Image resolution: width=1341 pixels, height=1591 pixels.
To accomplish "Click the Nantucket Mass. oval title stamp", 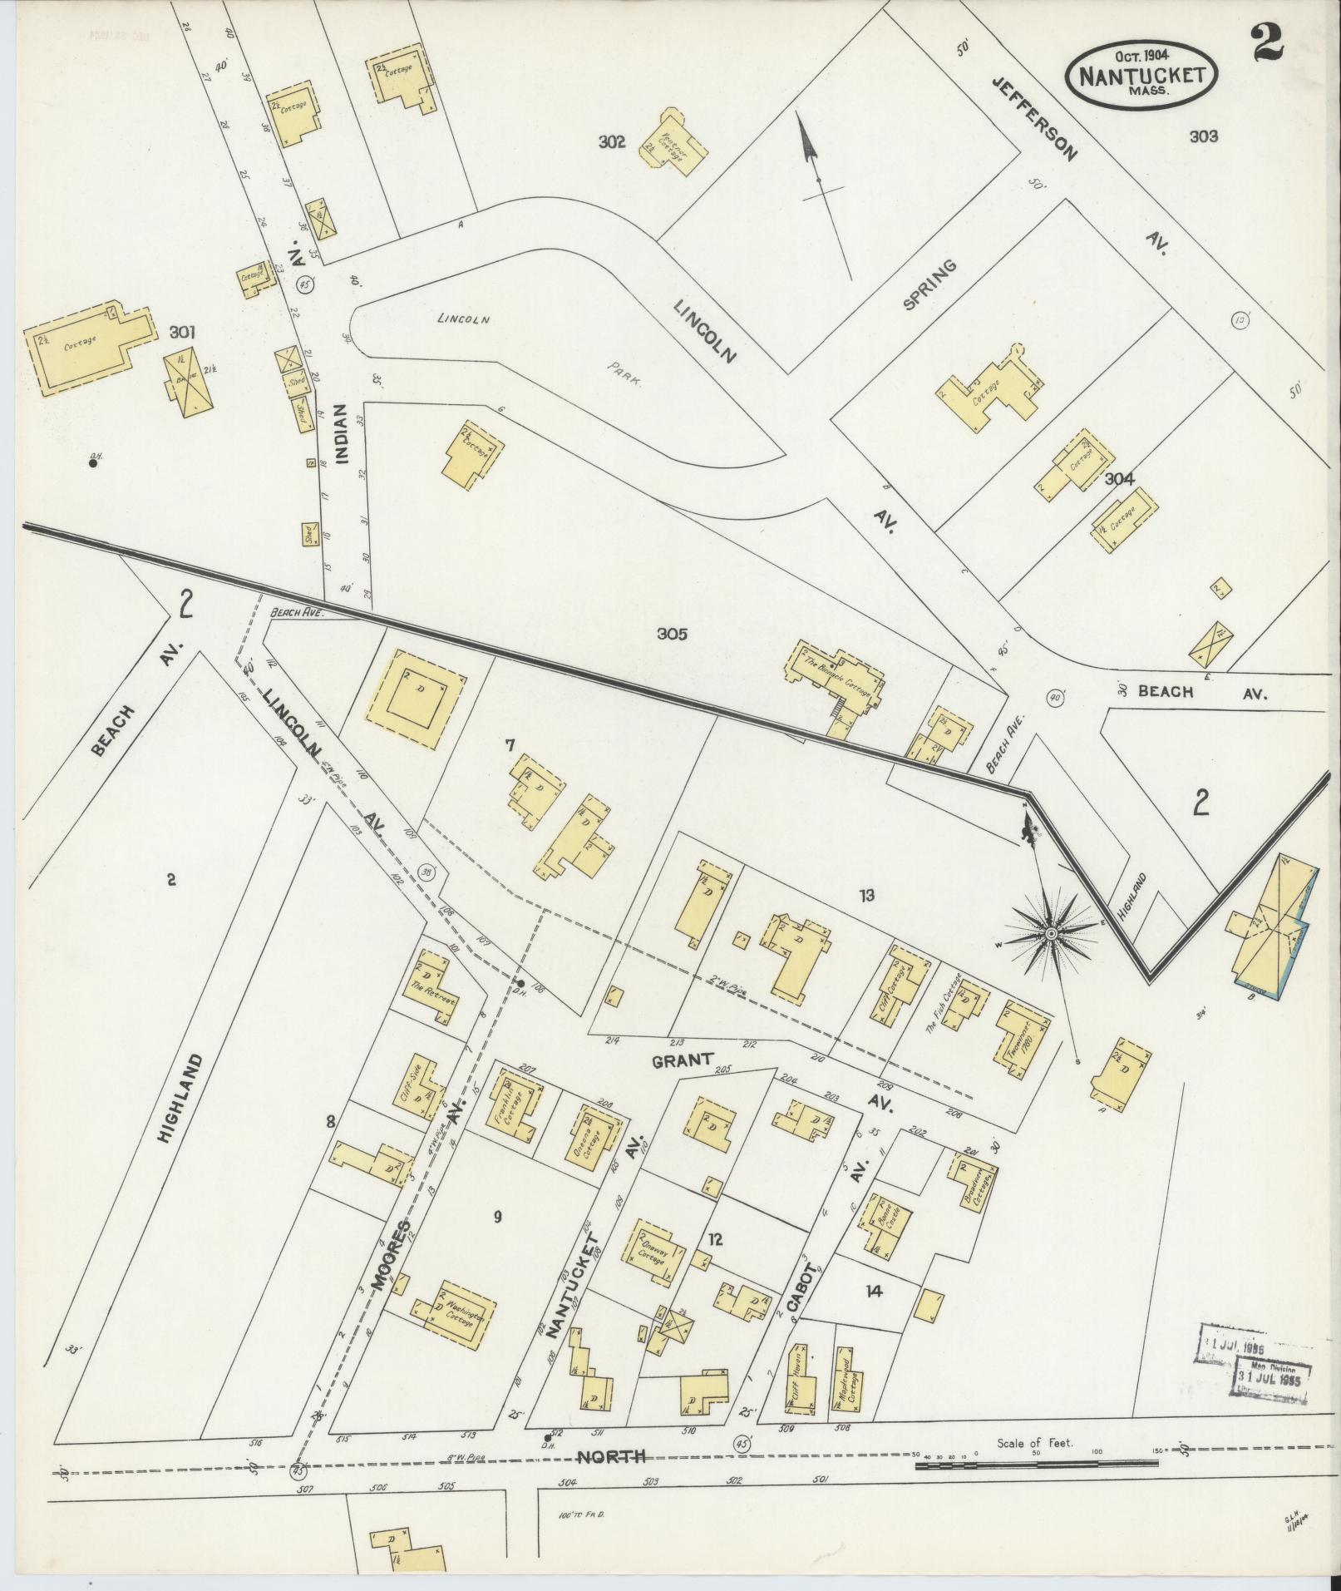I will (x=1141, y=74).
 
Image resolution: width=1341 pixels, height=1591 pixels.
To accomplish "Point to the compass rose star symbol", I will (x=1051, y=934).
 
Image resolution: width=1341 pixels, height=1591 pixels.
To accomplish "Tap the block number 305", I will (x=672, y=634).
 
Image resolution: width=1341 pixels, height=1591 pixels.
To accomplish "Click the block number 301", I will (x=181, y=333).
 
